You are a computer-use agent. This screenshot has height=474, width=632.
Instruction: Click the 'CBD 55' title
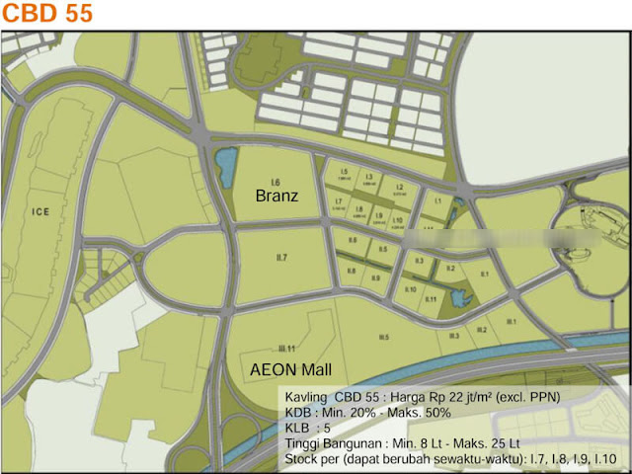click(47, 14)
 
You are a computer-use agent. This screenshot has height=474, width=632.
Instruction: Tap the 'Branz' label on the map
click(276, 197)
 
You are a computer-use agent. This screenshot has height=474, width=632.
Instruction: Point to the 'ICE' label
click(40, 211)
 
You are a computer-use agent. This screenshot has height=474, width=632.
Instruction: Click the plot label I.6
click(276, 183)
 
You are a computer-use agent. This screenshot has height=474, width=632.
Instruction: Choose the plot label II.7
click(282, 258)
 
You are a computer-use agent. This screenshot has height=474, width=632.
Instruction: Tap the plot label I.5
click(344, 173)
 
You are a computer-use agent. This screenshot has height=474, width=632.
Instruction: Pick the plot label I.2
click(400, 186)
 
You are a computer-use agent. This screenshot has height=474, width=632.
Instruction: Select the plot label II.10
click(410, 288)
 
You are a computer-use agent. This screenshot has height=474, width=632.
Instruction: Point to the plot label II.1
click(484, 274)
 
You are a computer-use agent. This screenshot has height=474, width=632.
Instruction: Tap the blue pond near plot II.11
click(455, 297)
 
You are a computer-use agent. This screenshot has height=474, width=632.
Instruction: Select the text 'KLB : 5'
click(307, 430)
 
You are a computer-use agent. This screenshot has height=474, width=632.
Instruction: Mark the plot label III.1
click(511, 321)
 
